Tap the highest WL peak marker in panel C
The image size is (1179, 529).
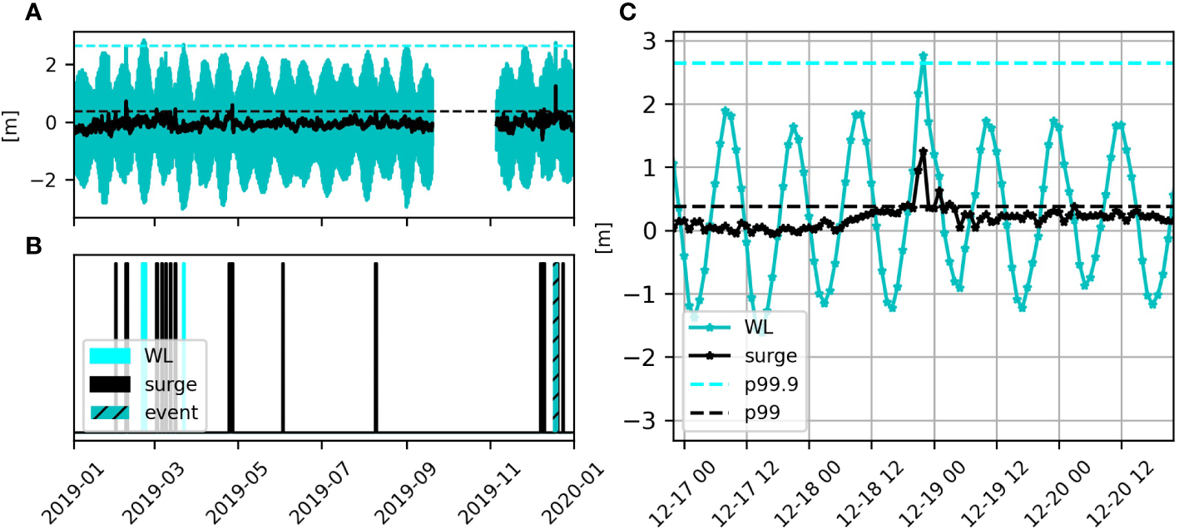coord(924,56)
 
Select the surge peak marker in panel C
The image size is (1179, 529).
coord(924,151)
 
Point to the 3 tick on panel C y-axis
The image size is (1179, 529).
coord(653,41)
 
